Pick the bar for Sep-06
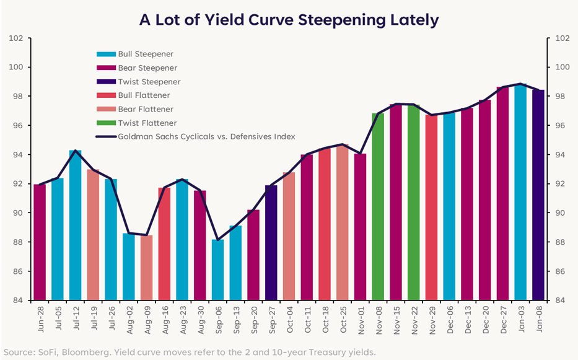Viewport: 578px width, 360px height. click(217, 270)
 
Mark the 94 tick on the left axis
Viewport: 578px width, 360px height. click(19, 155)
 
